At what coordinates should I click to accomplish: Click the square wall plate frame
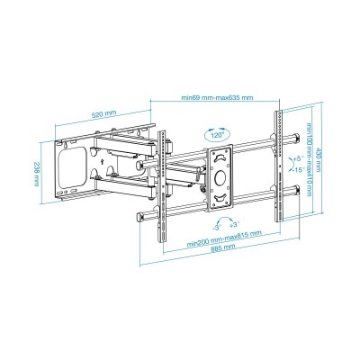76,168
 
